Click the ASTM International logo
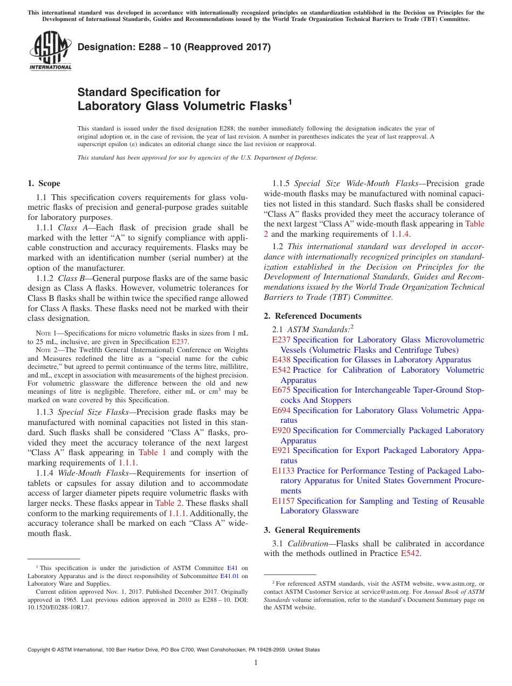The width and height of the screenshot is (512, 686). tap(50, 52)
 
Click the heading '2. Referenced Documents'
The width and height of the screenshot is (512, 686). tap(313, 316)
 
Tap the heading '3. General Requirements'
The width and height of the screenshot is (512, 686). tap(312, 530)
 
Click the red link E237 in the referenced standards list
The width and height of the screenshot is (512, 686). tap(281, 340)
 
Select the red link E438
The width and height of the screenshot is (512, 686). tap(281, 360)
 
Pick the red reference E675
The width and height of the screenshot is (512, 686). tap(281, 390)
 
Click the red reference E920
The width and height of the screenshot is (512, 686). tap(281, 430)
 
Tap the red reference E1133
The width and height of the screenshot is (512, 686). tap(283, 471)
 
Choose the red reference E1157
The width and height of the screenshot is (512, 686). tap(283, 501)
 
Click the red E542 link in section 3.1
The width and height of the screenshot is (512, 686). tap(411, 553)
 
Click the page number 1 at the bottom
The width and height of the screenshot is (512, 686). tap(256, 663)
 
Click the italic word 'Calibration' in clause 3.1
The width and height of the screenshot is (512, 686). tap(306, 543)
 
